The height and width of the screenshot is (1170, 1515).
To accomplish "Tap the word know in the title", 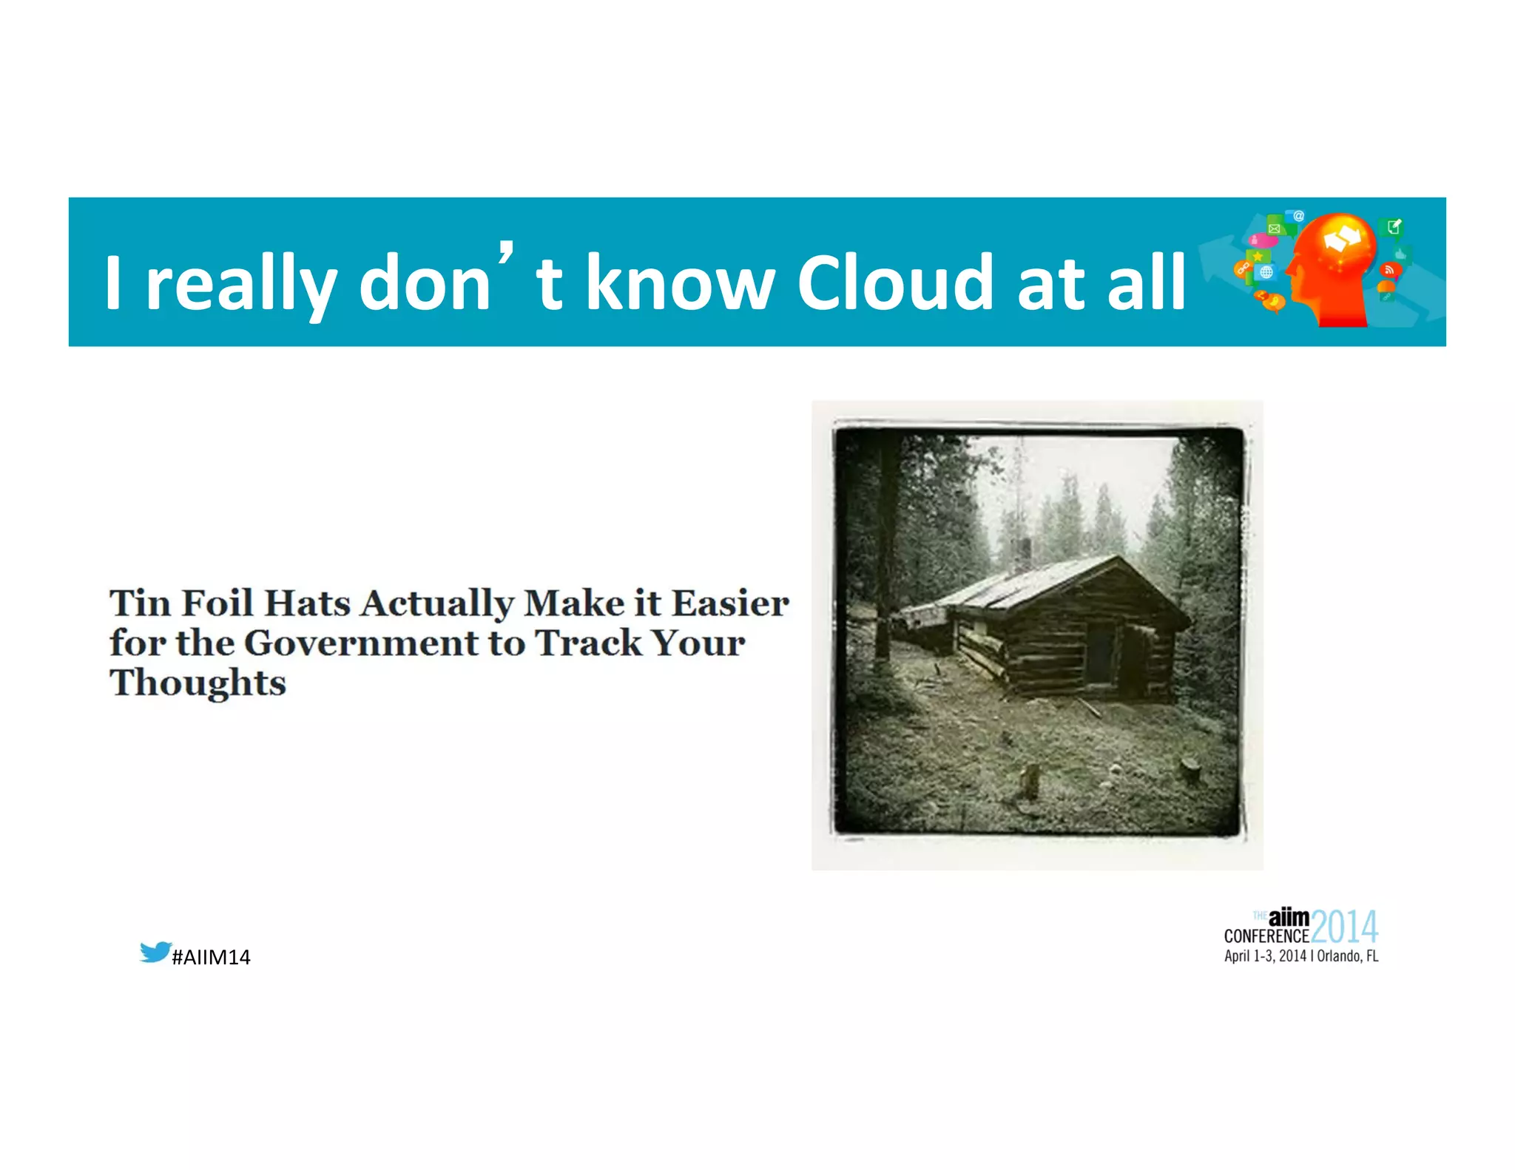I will pos(680,283).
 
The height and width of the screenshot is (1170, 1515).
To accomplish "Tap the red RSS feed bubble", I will pos(1389,271).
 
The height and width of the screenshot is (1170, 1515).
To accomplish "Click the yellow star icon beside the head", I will pos(1258,256).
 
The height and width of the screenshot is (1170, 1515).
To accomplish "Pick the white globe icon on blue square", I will pos(1266,272).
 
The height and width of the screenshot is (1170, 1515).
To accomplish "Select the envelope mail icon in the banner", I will pos(1274,229).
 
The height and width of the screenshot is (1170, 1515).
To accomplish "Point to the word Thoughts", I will pos(198,683).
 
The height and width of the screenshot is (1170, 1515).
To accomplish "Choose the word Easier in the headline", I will pos(730,603).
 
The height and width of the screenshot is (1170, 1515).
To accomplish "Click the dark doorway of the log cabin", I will pos(1100,653).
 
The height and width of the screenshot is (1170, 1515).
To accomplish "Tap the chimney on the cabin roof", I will pos(1025,552).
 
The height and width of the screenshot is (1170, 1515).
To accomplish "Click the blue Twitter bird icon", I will pos(155,952).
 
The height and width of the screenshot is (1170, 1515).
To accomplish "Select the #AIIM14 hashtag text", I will pos(211,957).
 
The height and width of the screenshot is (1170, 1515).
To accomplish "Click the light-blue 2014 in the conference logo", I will pos(1344,927).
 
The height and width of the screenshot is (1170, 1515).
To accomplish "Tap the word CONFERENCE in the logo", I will pos(1266,936).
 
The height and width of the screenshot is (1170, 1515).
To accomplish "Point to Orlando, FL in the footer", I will pos(1348,956).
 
